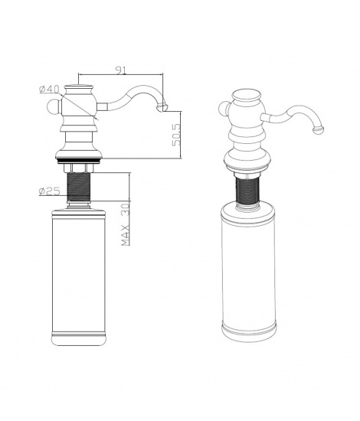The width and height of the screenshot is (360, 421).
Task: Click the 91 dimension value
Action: click(x=121, y=70)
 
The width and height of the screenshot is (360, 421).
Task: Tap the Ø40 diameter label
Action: click(x=49, y=89)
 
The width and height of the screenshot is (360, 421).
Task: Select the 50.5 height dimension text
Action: click(x=176, y=135)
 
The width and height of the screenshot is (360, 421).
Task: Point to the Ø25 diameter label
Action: click(x=50, y=191)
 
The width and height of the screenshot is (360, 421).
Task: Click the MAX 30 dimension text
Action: click(x=125, y=224)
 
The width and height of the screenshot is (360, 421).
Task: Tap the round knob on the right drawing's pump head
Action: click(x=223, y=109)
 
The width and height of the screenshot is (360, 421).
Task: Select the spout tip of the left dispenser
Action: click(x=164, y=108)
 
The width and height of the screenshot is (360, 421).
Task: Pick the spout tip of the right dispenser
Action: click(x=319, y=129)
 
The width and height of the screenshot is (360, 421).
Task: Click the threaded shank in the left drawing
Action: click(x=79, y=188)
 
